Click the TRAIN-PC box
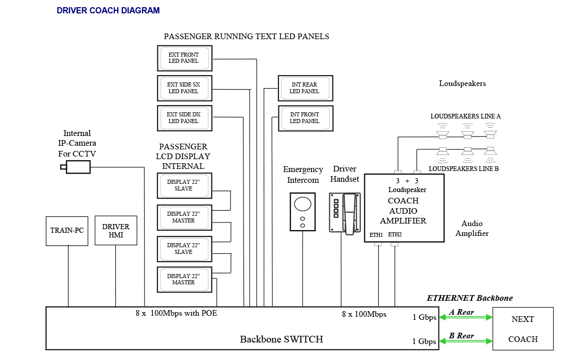67,231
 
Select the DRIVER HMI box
116,230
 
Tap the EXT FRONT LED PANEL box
184,58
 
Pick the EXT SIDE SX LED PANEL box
184,88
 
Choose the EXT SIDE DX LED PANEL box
184,118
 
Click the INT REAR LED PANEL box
305,88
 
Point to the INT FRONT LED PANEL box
305,118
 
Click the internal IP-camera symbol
76,167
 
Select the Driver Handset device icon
345,213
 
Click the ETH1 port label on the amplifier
376,235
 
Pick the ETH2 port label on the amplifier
395,235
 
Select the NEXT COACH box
523,329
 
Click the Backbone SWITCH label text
281,339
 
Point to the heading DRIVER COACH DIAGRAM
108,10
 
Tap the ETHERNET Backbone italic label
469,298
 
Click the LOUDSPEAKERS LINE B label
463,169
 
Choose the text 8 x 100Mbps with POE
176,313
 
